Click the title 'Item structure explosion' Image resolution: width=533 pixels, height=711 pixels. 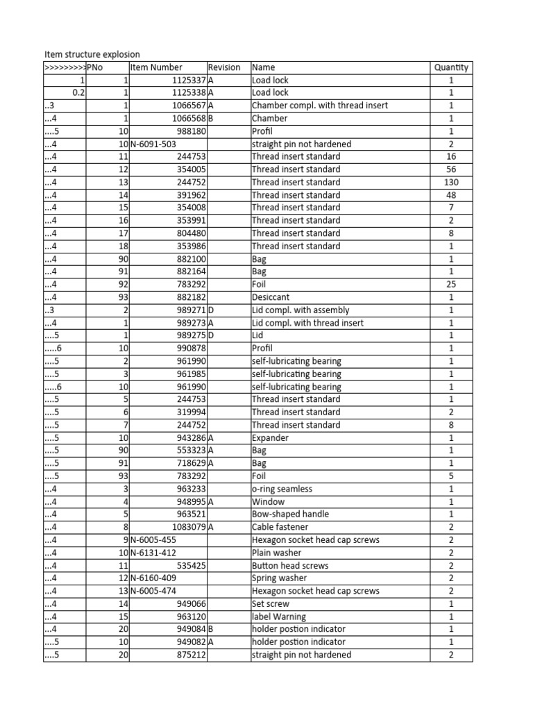[x=92, y=54]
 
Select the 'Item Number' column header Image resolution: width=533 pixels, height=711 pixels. [x=156, y=67]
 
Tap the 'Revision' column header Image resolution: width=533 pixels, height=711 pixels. [x=224, y=67]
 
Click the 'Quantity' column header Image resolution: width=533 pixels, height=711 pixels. [x=451, y=67]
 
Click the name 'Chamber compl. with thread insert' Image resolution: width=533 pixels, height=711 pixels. [x=319, y=106]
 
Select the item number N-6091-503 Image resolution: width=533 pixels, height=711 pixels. [x=153, y=144]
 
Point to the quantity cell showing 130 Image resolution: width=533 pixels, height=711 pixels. [x=451, y=182]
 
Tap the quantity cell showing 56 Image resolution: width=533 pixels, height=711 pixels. [x=451, y=169]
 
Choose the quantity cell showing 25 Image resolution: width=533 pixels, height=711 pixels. [x=451, y=285]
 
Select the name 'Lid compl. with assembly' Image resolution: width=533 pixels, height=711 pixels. [x=301, y=310]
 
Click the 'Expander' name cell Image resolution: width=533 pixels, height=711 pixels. [x=270, y=438]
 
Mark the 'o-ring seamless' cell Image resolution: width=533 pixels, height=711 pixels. [x=282, y=489]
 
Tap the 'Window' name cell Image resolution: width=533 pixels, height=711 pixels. [x=268, y=501]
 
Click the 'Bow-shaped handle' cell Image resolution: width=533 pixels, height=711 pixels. [x=290, y=515]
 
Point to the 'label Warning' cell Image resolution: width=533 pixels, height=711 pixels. [x=278, y=617]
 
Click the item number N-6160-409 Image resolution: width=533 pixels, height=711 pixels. [x=153, y=578]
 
